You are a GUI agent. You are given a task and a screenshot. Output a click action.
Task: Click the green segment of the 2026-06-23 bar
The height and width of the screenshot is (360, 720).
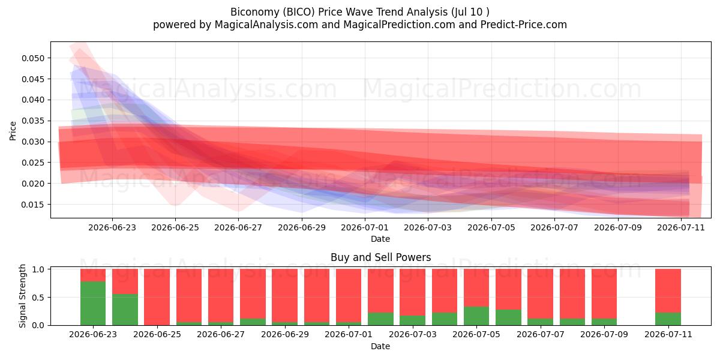[93, 303]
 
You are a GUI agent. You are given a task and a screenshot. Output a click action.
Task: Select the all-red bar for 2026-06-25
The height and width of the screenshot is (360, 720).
[157, 297]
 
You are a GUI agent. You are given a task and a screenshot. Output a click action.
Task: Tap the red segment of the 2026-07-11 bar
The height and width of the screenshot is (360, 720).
[668, 290]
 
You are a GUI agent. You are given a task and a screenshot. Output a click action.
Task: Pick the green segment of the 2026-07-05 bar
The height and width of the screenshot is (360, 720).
[476, 316]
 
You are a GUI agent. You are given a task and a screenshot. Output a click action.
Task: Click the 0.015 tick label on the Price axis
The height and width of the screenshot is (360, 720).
[32, 205]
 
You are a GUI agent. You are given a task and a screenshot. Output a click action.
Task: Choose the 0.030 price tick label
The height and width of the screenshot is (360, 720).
[32, 142]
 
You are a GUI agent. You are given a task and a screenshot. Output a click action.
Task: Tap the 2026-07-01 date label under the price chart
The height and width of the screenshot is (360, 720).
[365, 227]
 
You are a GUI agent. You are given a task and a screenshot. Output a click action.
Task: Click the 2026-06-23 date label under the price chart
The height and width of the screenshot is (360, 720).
[112, 227]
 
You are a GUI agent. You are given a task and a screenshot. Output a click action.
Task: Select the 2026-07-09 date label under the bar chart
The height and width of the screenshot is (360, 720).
[604, 334]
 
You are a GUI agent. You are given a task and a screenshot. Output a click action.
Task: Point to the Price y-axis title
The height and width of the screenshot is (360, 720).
[13, 131]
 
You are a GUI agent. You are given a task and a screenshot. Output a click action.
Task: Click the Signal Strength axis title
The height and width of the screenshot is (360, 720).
[22, 296]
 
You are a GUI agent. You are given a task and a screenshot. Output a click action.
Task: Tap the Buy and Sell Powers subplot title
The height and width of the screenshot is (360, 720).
[380, 257]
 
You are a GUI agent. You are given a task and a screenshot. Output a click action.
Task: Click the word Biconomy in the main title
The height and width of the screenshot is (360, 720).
[255, 12]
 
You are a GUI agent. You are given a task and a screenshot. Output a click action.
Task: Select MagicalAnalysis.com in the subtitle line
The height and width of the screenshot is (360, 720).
[266, 25]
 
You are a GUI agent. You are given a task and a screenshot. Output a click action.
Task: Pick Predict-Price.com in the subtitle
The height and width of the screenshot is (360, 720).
[524, 25]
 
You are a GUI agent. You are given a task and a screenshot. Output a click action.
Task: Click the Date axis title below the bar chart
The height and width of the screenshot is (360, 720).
[380, 347]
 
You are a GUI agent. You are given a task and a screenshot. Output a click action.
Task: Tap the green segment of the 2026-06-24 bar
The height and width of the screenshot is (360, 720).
[125, 310]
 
